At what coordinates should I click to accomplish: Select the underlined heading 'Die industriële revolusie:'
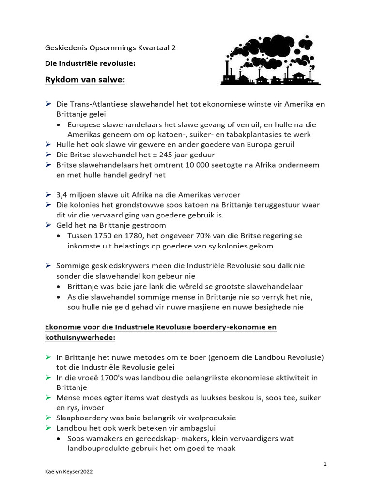pyautogui.click(x=90, y=63)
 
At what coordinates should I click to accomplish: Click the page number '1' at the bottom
pyautogui.click(x=325, y=464)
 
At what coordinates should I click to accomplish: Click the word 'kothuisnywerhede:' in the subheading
pyautogui.click(x=80, y=338)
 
